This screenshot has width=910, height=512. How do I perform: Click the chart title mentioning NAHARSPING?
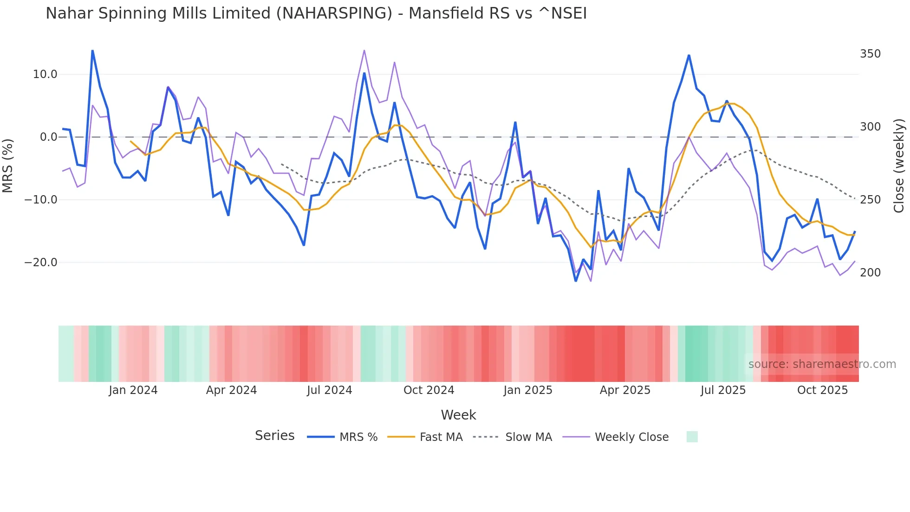316,13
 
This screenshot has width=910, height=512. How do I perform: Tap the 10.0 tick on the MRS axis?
45,74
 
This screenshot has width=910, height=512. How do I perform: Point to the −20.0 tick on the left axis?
41,263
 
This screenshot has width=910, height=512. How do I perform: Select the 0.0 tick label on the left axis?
48,137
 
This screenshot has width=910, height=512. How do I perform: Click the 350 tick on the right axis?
870,54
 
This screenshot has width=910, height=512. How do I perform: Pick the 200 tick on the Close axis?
870,273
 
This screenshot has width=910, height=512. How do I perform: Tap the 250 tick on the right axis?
870,200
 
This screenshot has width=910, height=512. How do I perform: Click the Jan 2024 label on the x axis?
133,390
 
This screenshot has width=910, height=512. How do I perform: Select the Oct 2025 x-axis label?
822,390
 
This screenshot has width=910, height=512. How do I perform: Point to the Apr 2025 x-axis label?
625,390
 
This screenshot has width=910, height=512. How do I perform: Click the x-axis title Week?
458,415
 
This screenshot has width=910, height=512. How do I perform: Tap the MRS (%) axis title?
8,165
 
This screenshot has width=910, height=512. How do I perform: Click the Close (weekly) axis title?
899,165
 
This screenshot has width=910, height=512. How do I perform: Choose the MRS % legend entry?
343,437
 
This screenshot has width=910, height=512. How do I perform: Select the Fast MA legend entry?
425,437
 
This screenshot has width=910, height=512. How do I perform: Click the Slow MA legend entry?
513,437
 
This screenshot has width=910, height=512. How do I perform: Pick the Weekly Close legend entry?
616,437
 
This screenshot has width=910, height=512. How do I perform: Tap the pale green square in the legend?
692,437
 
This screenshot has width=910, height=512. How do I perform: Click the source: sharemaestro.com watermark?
822,364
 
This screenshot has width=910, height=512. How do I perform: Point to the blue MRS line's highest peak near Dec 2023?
92,51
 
